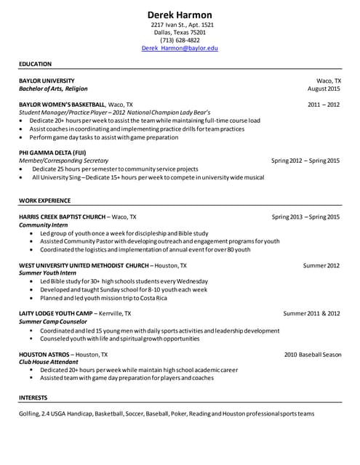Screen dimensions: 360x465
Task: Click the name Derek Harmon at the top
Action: (x=180, y=15)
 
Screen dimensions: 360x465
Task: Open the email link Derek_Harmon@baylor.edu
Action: (x=180, y=48)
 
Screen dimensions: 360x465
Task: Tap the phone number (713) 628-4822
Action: (x=180, y=40)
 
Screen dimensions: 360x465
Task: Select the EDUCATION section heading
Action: (x=35, y=64)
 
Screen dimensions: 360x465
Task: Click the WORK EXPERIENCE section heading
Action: (x=44, y=199)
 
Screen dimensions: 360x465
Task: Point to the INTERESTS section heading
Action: (x=33, y=397)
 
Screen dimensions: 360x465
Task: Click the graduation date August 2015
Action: (x=324, y=89)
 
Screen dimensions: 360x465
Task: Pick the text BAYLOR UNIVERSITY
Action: (x=47, y=81)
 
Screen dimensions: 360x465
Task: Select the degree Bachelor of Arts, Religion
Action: (x=53, y=89)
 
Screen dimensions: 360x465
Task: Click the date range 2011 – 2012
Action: (x=324, y=105)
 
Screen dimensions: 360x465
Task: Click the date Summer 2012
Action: (x=321, y=265)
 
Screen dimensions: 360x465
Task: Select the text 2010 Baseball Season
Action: (x=312, y=354)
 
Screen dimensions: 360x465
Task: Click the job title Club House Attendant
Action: (x=49, y=362)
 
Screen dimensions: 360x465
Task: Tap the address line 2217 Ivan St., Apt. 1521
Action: (x=180, y=24)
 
